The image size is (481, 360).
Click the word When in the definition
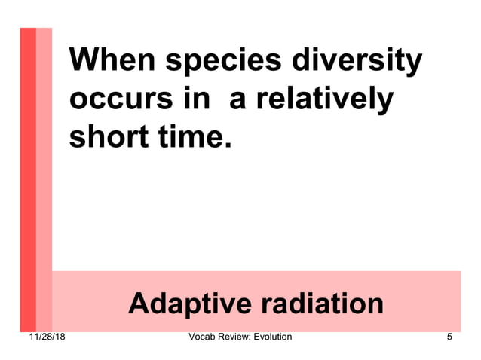point(111,61)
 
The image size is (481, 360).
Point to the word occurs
point(114,100)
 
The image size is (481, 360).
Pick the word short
point(103,137)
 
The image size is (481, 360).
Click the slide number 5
point(449,337)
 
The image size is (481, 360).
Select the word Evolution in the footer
point(270,337)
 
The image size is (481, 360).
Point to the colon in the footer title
point(247,337)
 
